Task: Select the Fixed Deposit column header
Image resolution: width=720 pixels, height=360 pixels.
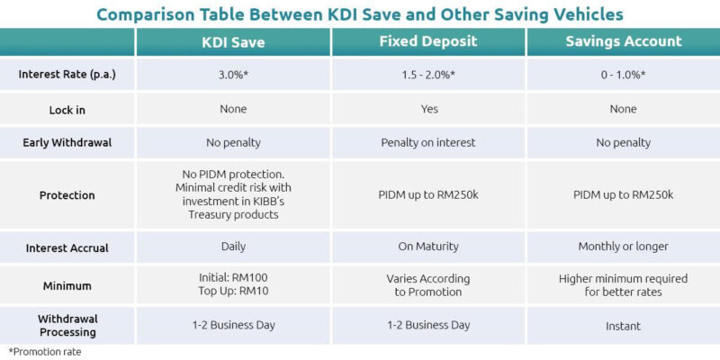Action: (x=428, y=41)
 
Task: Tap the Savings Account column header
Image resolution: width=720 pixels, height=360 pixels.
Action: (x=623, y=41)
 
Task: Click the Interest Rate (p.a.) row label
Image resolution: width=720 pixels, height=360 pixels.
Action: (x=68, y=74)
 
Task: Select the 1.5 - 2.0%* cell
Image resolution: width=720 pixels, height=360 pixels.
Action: (x=428, y=74)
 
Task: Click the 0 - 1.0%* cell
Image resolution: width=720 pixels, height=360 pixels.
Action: (x=623, y=74)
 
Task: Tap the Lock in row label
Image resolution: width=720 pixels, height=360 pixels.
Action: (x=68, y=109)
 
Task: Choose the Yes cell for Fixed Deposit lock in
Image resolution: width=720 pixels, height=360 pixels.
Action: (x=428, y=109)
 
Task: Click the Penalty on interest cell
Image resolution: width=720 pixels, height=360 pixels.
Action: (x=428, y=143)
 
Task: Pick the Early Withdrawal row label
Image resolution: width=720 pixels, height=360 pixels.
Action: (x=68, y=143)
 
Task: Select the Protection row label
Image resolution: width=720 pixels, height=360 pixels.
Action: (x=68, y=194)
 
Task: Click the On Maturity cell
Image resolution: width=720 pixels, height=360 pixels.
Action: (x=428, y=247)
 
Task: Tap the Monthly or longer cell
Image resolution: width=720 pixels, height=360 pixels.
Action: (x=623, y=247)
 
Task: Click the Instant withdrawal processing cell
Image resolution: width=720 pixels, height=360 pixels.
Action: (x=623, y=325)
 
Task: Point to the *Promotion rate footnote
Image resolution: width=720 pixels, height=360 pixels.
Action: (x=44, y=351)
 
